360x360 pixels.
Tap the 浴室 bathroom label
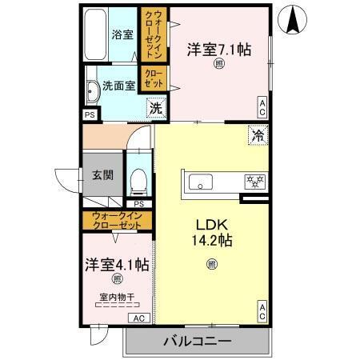[x=122, y=34]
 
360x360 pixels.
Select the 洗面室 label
[x=118, y=86]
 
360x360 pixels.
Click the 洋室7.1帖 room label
[x=219, y=50]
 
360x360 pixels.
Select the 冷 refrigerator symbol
[x=257, y=136]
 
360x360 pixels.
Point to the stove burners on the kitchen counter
[x=254, y=181]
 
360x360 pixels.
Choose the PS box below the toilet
[x=138, y=204]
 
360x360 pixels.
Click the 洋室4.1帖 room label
[x=114, y=263]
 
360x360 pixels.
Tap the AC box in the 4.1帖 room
[x=139, y=318]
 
